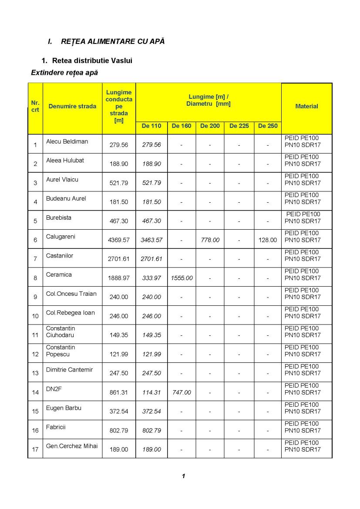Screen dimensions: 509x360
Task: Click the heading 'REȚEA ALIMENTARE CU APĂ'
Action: click(x=113, y=41)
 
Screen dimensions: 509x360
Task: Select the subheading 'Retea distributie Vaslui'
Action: click(x=92, y=60)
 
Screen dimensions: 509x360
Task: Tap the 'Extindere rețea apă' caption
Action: click(x=64, y=73)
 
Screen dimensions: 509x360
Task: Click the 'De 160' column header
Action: click(x=181, y=126)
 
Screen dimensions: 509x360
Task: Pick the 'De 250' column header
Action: click(x=268, y=126)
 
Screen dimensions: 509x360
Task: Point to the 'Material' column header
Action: click(x=306, y=106)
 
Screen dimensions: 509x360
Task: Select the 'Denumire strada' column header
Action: click(x=72, y=106)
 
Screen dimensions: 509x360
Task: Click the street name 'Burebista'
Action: click(x=59, y=218)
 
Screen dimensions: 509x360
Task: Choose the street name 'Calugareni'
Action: click(x=61, y=237)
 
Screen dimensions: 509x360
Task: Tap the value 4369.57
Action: click(x=118, y=240)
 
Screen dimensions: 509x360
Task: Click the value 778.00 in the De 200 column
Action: click(x=210, y=240)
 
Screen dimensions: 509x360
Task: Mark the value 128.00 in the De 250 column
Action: click(x=267, y=240)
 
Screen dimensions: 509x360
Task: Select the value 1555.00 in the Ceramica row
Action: click(x=182, y=278)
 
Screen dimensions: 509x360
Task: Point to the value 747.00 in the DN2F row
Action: click(x=182, y=392)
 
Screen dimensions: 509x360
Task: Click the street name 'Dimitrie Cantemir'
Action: click(x=69, y=370)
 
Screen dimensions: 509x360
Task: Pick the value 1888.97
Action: click(x=118, y=278)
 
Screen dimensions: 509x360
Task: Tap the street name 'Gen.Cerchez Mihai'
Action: click(x=72, y=446)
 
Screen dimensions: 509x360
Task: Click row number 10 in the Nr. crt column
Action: click(x=35, y=316)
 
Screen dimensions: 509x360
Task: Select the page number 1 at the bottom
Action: click(x=184, y=476)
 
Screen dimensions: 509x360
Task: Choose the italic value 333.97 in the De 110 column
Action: click(x=151, y=278)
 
